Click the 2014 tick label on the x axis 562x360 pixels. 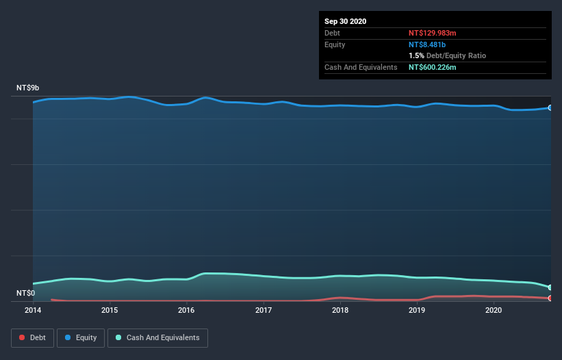(33, 310)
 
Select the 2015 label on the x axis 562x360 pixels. (110, 310)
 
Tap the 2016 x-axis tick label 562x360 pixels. (186, 310)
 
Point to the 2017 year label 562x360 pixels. (264, 310)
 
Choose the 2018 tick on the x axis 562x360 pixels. (340, 310)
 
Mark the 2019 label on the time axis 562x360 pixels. (417, 310)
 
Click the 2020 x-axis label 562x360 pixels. (494, 310)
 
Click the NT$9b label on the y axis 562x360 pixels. (28, 88)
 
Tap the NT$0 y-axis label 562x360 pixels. (26, 293)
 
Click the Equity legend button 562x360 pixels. (80, 337)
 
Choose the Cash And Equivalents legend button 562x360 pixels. (157, 337)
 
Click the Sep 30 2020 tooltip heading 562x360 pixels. (346, 21)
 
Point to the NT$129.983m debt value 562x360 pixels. (432, 33)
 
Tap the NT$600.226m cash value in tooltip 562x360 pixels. (433, 67)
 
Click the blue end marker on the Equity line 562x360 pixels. (550, 107)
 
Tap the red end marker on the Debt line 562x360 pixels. (550, 298)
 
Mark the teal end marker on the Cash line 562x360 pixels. (550, 287)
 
